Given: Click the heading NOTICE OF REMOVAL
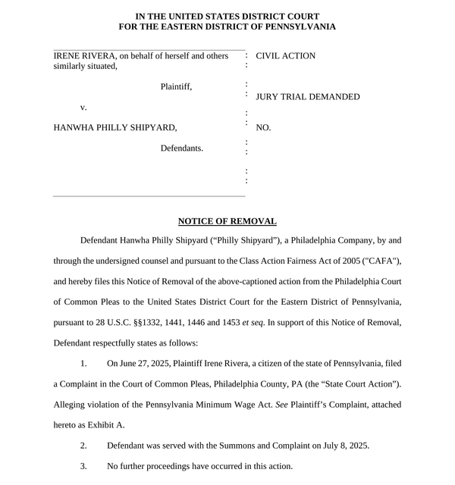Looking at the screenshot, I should [x=227, y=221].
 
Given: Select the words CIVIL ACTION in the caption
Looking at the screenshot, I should [x=286, y=56].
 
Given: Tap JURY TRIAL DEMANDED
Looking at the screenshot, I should [x=308, y=97].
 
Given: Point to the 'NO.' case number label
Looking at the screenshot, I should [x=264, y=128].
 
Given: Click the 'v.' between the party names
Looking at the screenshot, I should [x=83, y=108].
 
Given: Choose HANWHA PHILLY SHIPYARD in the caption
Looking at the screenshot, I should [x=115, y=128].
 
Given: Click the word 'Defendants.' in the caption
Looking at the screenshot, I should [x=181, y=148].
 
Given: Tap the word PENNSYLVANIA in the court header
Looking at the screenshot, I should [x=292, y=27].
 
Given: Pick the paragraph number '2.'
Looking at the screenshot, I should [x=84, y=445].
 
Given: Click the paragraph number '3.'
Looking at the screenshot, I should [x=84, y=465].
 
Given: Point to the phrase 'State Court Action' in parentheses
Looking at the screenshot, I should [x=359, y=384].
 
